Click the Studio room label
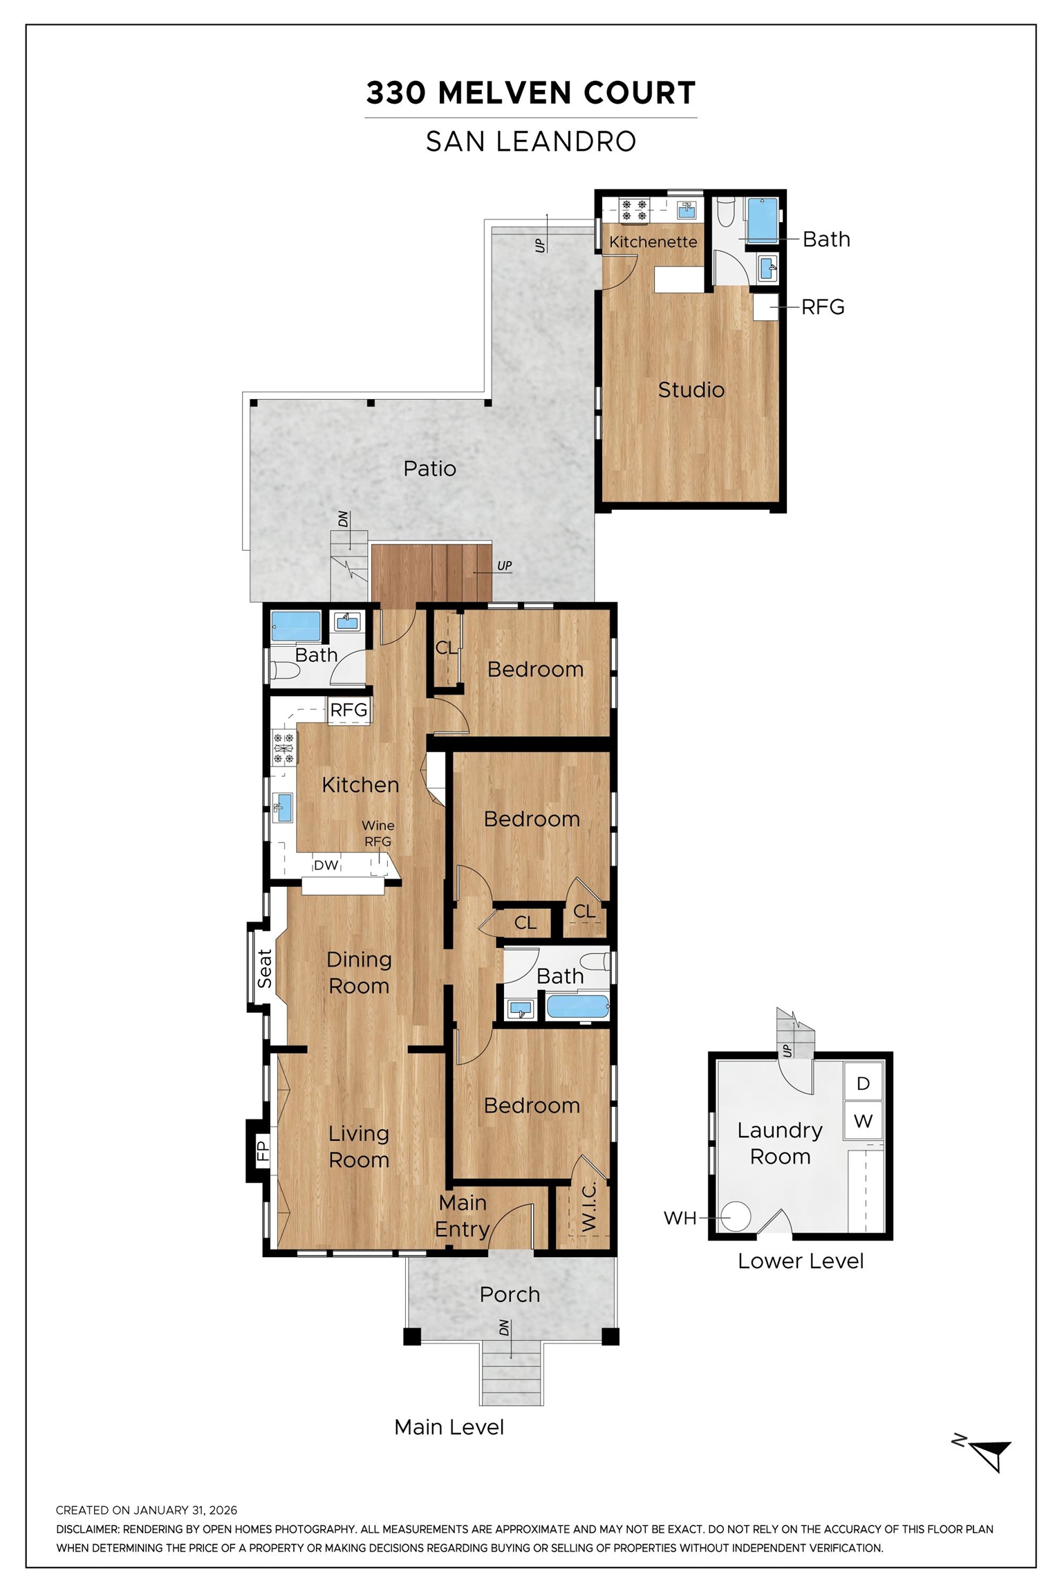691,390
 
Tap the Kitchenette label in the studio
653,242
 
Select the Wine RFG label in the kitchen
378,833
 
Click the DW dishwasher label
326,865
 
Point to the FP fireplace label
262,1151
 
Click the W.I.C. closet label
588,1207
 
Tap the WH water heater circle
736,1216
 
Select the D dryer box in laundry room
863,1083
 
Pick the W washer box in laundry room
863,1121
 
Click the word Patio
429,468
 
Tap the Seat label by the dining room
264,968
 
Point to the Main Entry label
463,1216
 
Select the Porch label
510,1294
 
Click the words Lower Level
800,1261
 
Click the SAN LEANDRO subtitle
530,142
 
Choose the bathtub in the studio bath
762,219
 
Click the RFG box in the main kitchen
348,710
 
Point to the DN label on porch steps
504,1328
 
